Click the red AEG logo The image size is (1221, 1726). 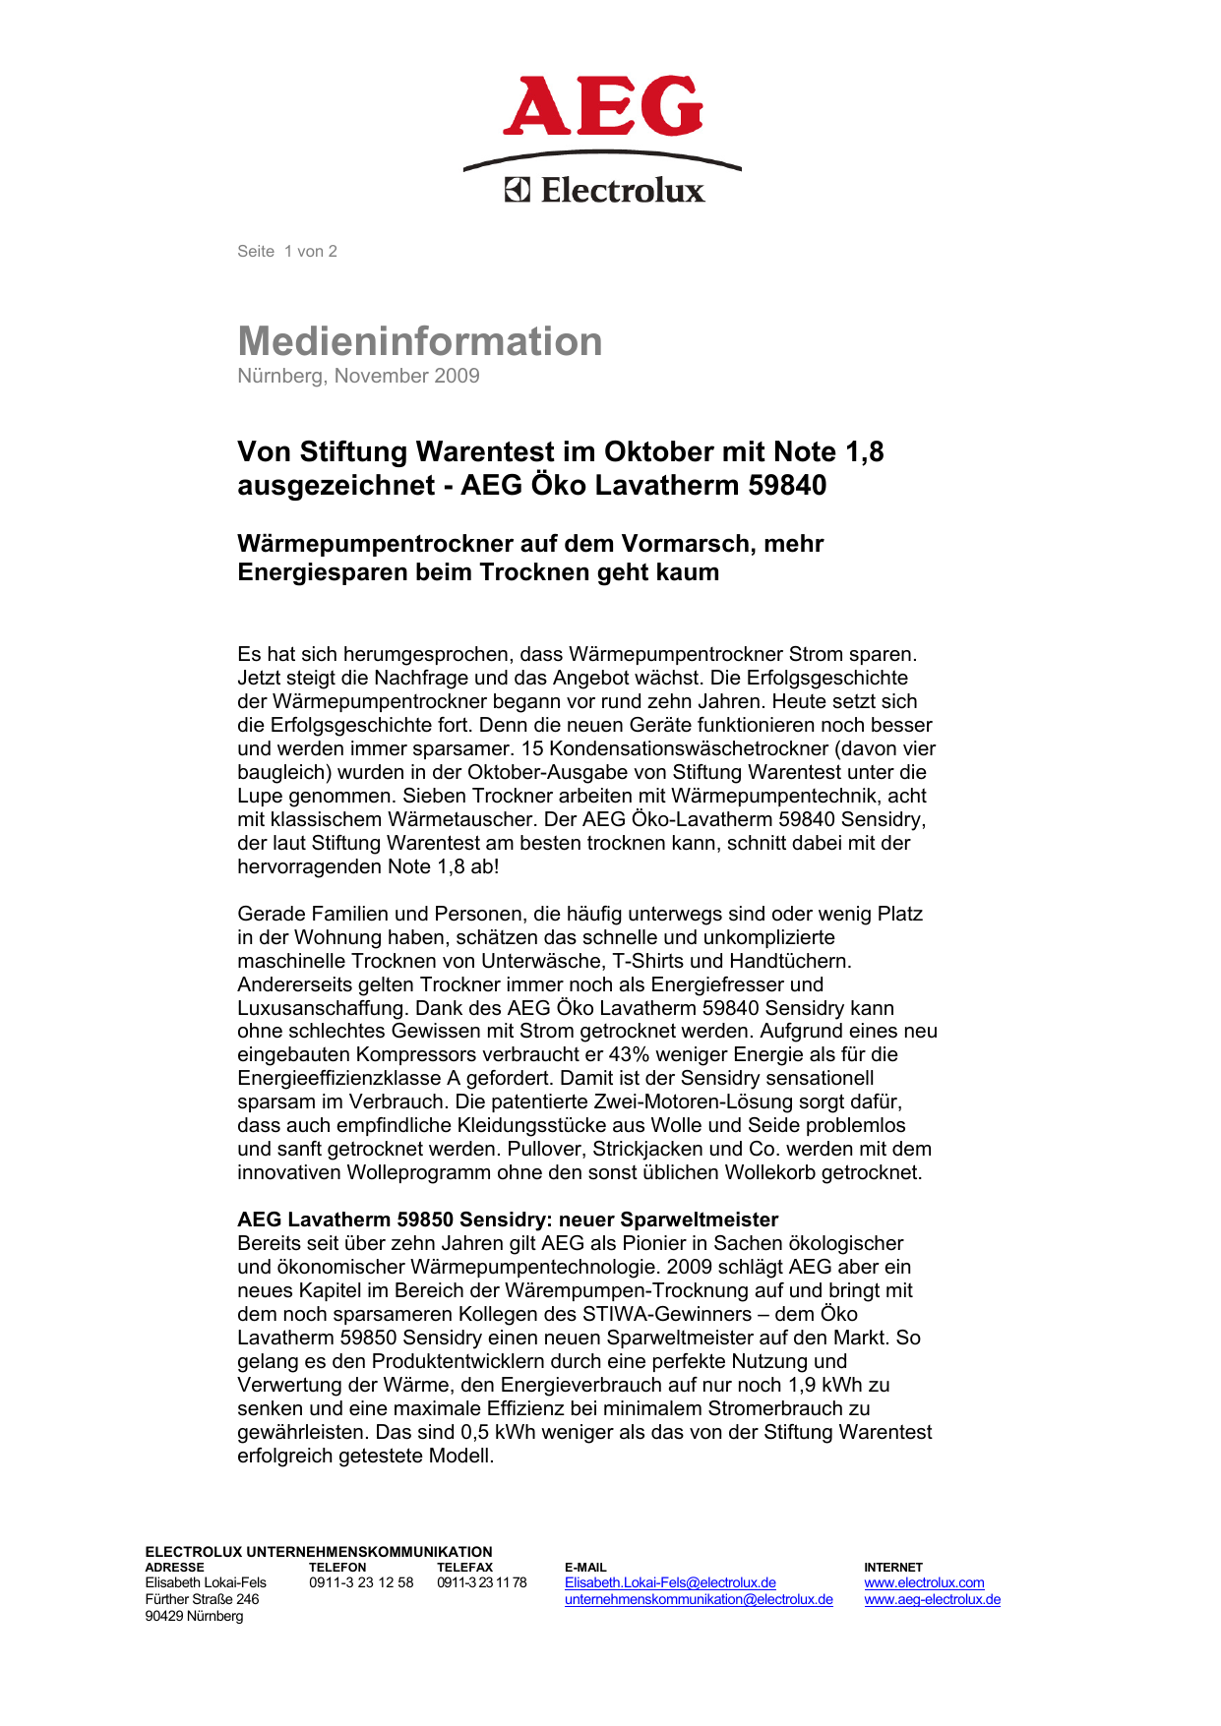(x=602, y=107)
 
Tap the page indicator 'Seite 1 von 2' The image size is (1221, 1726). (x=287, y=252)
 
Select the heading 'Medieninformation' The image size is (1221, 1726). (x=420, y=341)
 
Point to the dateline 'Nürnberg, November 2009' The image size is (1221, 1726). (x=358, y=376)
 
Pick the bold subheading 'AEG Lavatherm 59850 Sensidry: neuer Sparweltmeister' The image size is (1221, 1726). (x=508, y=1220)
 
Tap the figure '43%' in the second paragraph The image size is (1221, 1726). (x=630, y=1055)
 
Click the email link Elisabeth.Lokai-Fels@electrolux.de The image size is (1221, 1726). (x=670, y=1583)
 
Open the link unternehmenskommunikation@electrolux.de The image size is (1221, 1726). (x=699, y=1600)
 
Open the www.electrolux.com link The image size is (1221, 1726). (x=924, y=1583)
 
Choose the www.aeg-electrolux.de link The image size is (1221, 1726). (x=932, y=1600)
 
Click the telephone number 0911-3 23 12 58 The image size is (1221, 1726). (x=361, y=1583)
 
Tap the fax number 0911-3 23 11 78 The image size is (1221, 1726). (x=482, y=1583)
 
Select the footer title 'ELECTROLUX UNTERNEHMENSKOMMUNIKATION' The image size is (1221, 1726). (x=319, y=1552)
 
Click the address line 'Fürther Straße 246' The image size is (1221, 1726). (x=202, y=1600)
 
